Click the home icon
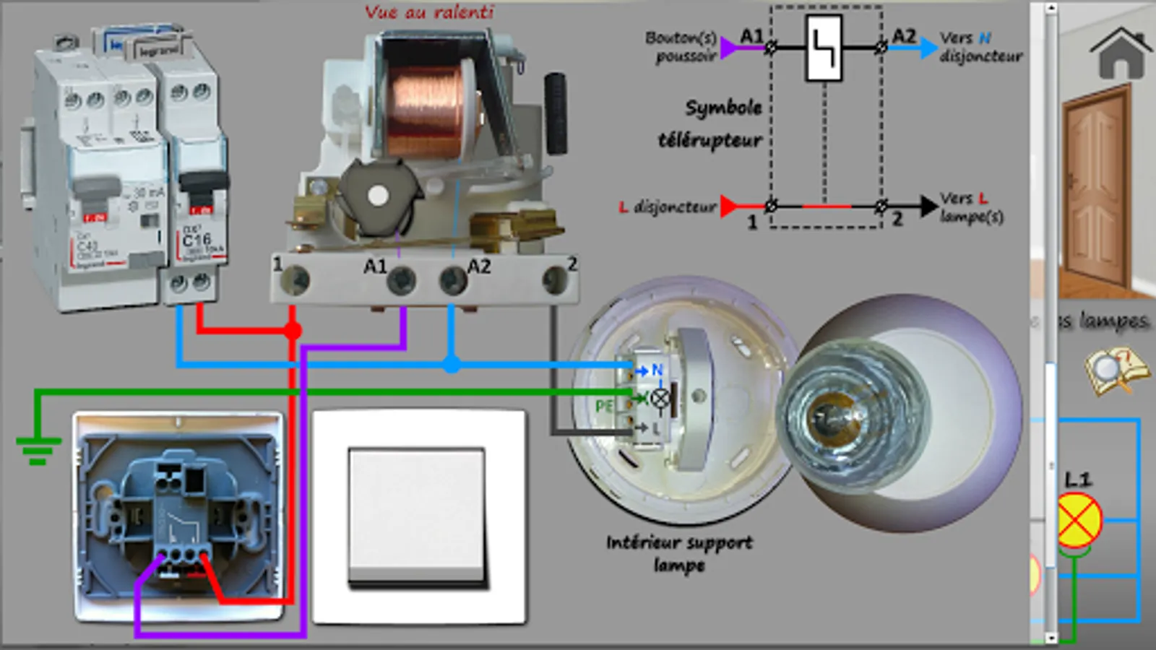click(x=1120, y=54)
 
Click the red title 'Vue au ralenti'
click(x=429, y=12)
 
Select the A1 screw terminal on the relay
click(x=401, y=280)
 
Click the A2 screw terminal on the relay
click(x=453, y=280)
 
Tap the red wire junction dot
click(x=292, y=331)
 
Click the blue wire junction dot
click(x=452, y=364)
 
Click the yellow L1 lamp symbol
click(x=1079, y=520)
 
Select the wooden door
click(x=1095, y=188)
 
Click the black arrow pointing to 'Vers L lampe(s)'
click(x=928, y=207)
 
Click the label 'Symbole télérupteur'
click(x=711, y=123)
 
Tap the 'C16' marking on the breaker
click(x=197, y=239)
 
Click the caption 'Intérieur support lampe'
click(x=679, y=553)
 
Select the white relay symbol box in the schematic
click(x=824, y=48)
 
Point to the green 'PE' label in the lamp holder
click(x=604, y=407)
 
